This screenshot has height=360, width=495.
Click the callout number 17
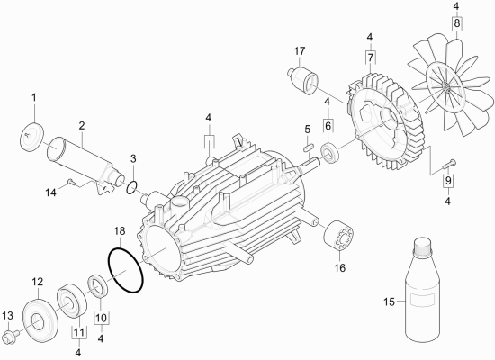tap(300, 50)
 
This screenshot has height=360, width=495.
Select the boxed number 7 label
tap(370, 58)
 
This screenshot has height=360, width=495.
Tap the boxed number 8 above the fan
tap(457, 23)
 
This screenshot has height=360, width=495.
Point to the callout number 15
tap(389, 301)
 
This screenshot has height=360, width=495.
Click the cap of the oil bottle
tap(422, 247)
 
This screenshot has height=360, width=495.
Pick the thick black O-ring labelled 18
tap(126, 270)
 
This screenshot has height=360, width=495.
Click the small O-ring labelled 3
tap(131, 187)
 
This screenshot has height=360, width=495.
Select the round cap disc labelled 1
tap(32, 137)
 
